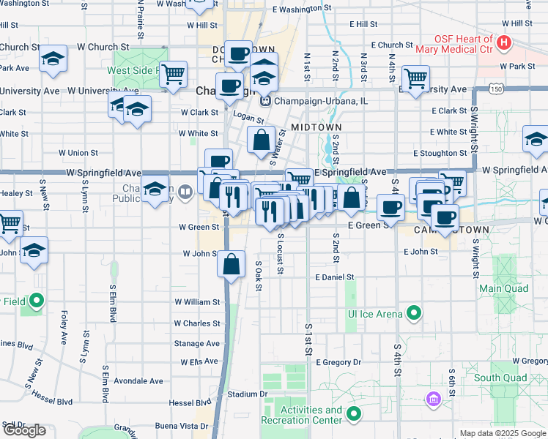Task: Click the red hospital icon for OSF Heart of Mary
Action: [x=503, y=43]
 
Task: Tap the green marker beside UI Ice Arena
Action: [x=414, y=314]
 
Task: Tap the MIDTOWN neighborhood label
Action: [x=316, y=127]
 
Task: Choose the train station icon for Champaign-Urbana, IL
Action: [x=267, y=100]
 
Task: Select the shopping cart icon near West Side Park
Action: [x=173, y=75]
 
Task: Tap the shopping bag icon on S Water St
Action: [x=262, y=139]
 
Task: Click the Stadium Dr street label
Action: [x=247, y=394]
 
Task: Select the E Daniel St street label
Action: [x=335, y=278]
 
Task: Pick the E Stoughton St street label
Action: [x=440, y=154]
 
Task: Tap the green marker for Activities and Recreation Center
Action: [x=354, y=415]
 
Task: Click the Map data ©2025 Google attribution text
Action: [x=502, y=433]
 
